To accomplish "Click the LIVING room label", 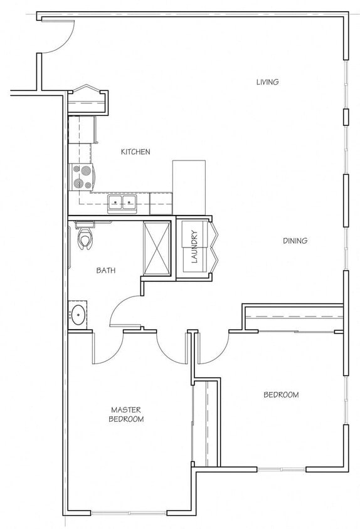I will coord(267,82).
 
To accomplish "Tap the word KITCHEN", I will coord(135,152).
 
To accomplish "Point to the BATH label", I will coord(105,271).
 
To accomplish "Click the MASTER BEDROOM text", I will coord(126,414).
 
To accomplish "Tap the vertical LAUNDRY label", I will coord(194,247).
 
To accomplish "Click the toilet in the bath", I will coord(85,238).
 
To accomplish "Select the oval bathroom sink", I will coord(79,314).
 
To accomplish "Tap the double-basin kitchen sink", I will coord(122,202).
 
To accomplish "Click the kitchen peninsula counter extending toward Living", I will coord(189,187).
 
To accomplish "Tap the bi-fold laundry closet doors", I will coord(213,247).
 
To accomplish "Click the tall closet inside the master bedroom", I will coord(206,423).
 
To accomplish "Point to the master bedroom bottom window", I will coord(129,513).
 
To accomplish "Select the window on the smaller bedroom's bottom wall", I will coord(281,469).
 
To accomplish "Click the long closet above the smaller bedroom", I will coord(292,318).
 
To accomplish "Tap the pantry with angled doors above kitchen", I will coord(87,99).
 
